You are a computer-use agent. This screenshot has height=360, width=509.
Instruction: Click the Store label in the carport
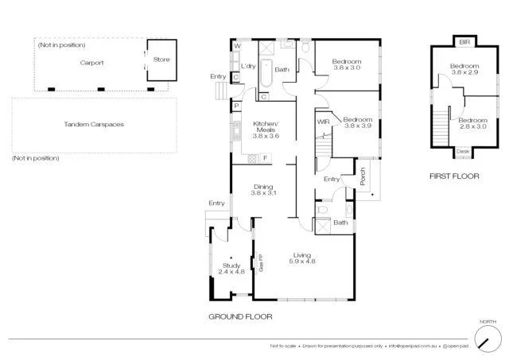[161, 60]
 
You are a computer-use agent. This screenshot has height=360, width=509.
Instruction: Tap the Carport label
[91, 63]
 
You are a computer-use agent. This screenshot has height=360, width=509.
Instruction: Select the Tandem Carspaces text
[94, 125]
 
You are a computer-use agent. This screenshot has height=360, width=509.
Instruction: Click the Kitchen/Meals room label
[264, 129]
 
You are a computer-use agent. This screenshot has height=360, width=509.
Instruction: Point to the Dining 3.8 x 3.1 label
[262, 190]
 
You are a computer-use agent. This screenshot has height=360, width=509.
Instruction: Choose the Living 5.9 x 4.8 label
[302, 257]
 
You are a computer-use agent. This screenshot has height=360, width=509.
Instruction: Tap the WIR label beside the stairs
[323, 122]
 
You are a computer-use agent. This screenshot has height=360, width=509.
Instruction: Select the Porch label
[363, 180]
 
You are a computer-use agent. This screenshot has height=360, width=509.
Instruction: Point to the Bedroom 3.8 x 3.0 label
[347, 65]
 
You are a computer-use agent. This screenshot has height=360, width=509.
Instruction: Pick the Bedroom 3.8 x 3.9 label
[358, 122]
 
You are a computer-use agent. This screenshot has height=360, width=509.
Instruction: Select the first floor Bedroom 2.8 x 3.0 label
[472, 122]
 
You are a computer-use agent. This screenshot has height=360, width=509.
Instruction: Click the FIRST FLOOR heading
[455, 176]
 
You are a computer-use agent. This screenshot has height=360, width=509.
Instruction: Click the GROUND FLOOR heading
[240, 315]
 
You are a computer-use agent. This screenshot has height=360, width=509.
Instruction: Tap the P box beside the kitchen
[236, 106]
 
